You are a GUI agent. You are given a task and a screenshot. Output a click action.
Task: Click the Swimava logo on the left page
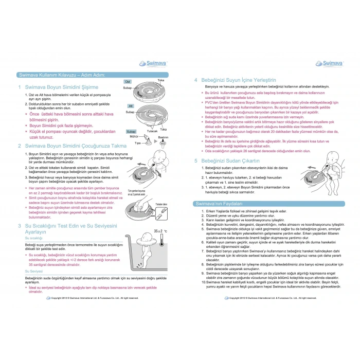(x=151, y=63)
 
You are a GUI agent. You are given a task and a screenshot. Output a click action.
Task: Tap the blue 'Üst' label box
(x=128, y=82)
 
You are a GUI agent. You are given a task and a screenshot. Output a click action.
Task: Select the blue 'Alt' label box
(x=131, y=106)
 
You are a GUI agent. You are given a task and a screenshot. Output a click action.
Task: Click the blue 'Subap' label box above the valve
(x=131, y=132)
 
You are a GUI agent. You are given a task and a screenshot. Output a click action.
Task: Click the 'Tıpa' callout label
(x=137, y=142)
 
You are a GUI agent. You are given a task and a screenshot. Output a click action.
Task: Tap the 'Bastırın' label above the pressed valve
(x=163, y=138)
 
